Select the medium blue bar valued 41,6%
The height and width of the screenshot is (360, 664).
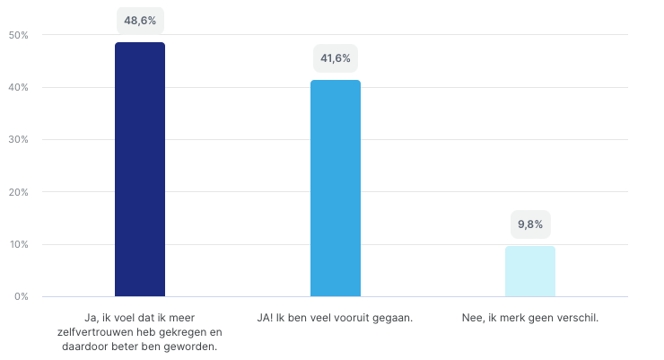click(x=335, y=188)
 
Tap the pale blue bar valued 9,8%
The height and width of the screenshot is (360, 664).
click(x=529, y=271)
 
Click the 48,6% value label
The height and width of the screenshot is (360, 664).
click(x=140, y=19)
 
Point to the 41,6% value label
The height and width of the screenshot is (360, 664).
click(x=336, y=60)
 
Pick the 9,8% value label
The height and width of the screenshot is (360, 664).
click(x=529, y=224)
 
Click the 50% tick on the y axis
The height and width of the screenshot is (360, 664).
click(x=20, y=35)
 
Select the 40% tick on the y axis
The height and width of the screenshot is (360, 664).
click(x=20, y=87)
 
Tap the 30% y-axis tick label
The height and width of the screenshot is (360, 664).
click(x=20, y=139)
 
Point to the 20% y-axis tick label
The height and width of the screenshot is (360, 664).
click(x=20, y=192)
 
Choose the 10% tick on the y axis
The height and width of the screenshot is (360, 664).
click(x=20, y=244)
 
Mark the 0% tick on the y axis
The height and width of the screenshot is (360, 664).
click(x=22, y=296)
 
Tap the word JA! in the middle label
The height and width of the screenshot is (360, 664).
click(x=266, y=317)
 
